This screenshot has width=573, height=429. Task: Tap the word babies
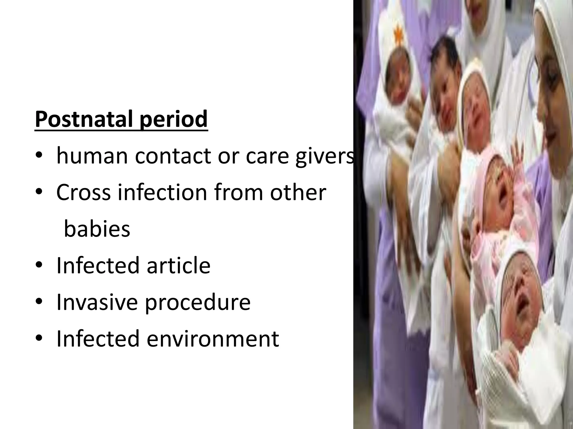click(x=97, y=229)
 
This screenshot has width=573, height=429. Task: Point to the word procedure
click(x=198, y=303)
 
